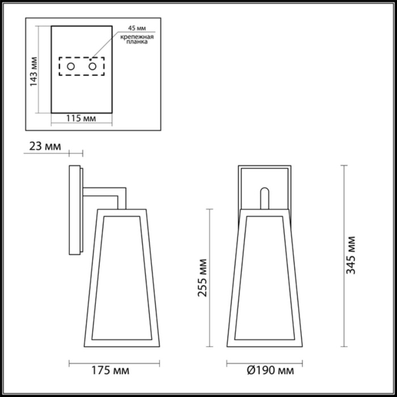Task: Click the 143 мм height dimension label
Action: (x=34, y=70)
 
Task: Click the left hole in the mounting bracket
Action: (x=71, y=67)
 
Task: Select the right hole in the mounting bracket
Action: (x=92, y=67)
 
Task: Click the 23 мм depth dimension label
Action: (x=44, y=147)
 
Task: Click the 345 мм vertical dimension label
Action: (x=351, y=255)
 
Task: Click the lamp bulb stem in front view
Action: (x=265, y=198)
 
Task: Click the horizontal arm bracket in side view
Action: (x=105, y=192)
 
